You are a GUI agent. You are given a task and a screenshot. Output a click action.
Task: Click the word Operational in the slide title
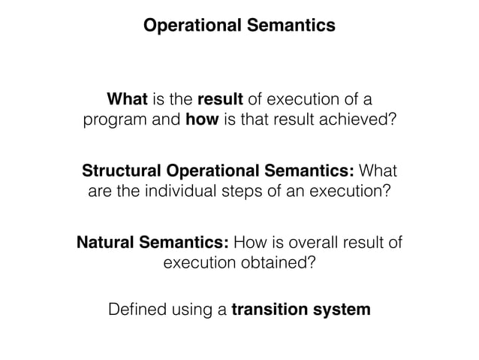click(191, 26)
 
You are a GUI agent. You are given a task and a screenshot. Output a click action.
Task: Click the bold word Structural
click(122, 170)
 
